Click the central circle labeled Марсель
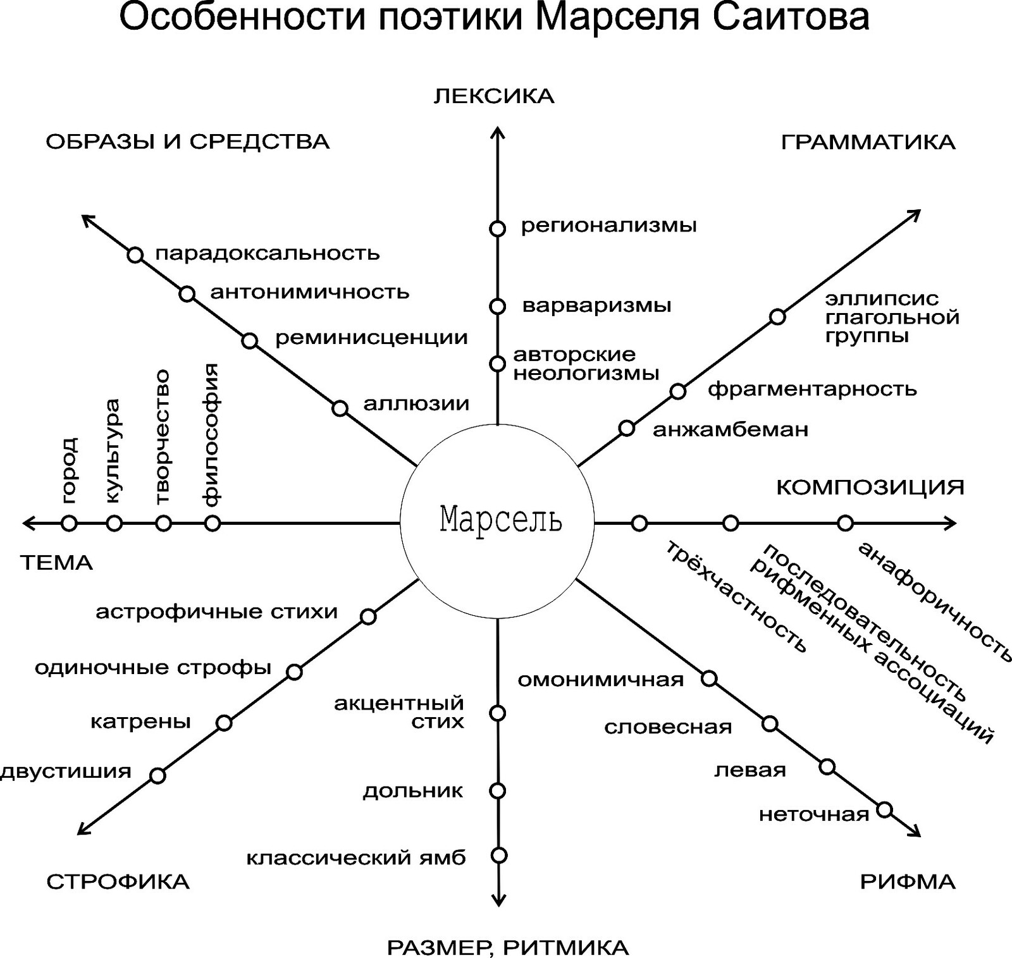click(x=498, y=522)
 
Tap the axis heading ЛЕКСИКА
click(x=494, y=96)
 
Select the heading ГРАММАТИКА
click(x=868, y=142)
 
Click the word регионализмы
click(x=608, y=226)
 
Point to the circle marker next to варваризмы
click(x=498, y=307)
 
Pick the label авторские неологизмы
click(x=586, y=364)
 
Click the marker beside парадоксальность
click(x=135, y=255)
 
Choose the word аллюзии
click(x=416, y=403)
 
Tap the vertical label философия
click(x=211, y=435)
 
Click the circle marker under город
click(x=69, y=523)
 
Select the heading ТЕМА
click(x=57, y=563)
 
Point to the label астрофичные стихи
click(x=217, y=612)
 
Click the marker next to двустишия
click(x=157, y=776)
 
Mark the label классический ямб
click(x=356, y=858)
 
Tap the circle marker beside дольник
click(x=498, y=790)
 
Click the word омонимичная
click(x=600, y=680)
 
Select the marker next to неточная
click(x=885, y=810)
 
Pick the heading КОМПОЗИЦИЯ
click(x=870, y=488)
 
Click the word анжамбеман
click(x=731, y=430)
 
